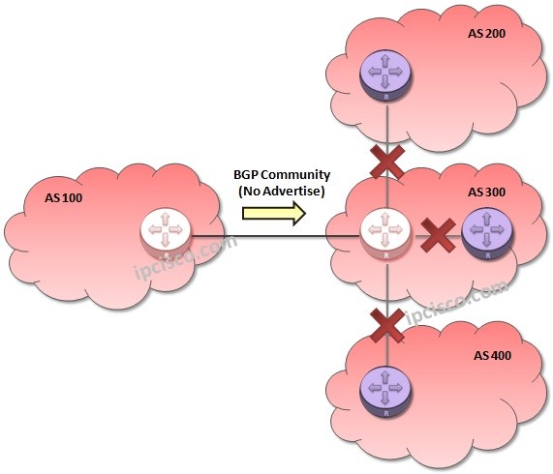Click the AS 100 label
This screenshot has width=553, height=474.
[65, 198]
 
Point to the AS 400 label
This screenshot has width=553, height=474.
[492, 356]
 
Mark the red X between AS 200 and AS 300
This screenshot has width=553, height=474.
[386, 162]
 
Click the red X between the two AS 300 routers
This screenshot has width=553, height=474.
[437, 233]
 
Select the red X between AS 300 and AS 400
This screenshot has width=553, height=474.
[386, 325]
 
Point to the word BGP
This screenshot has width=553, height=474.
[247, 175]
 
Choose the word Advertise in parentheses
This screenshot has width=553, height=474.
[292, 192]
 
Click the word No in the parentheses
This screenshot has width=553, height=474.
[250, 192]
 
